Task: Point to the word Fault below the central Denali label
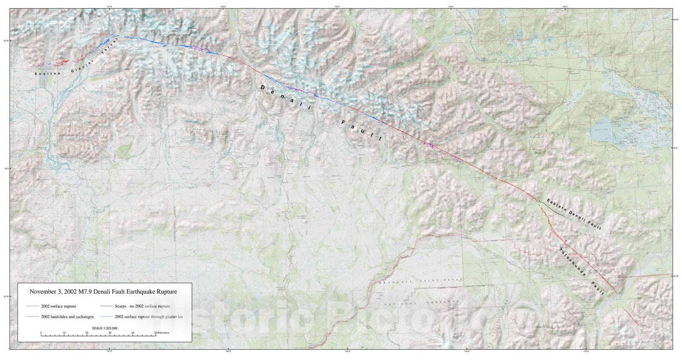[x=362, y=130]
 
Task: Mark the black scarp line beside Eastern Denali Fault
[x=554, y=209]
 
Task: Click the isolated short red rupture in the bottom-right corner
[x=630, y=318]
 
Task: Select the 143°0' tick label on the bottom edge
[x=586, y=351]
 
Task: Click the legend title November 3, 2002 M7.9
[x=103, y=292]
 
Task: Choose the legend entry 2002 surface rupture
[x=58, y=306]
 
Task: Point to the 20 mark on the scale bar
[x=87, y=333]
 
